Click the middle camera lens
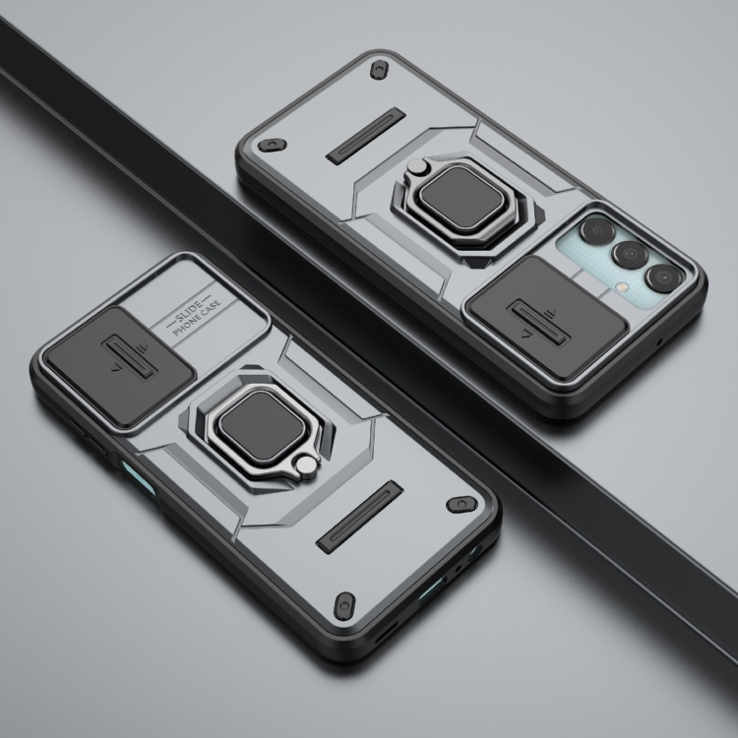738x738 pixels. (630, 254)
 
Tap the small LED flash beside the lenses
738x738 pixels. (623, 286)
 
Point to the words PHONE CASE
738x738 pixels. (197, 318)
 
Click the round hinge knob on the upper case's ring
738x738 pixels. (416, 166)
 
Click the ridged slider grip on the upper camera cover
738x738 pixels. (536, 324)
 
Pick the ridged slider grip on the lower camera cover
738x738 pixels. (128, 357)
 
